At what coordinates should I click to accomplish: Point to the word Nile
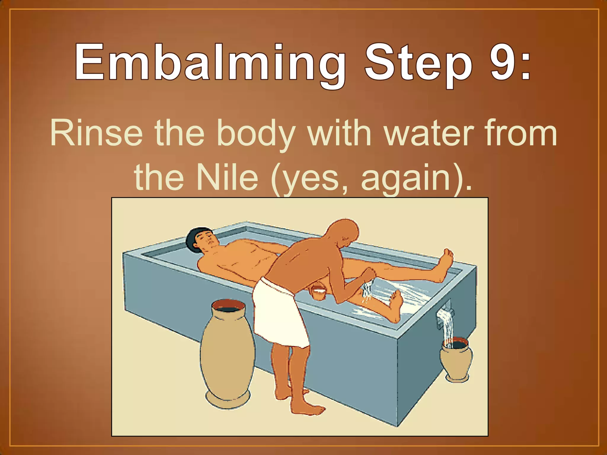pyautogui.click(x=227, y=177)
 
